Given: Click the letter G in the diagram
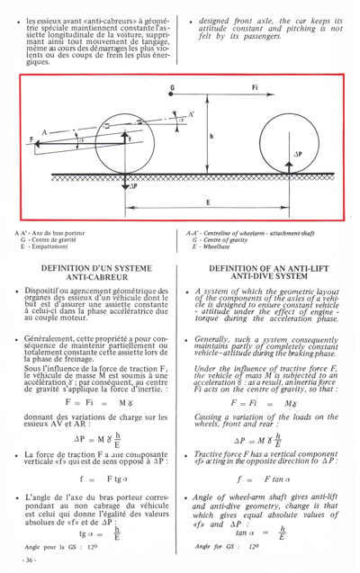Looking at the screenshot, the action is [172, 87].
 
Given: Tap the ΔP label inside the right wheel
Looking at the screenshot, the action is [323, 154].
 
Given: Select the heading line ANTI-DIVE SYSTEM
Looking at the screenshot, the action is [267, 301].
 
